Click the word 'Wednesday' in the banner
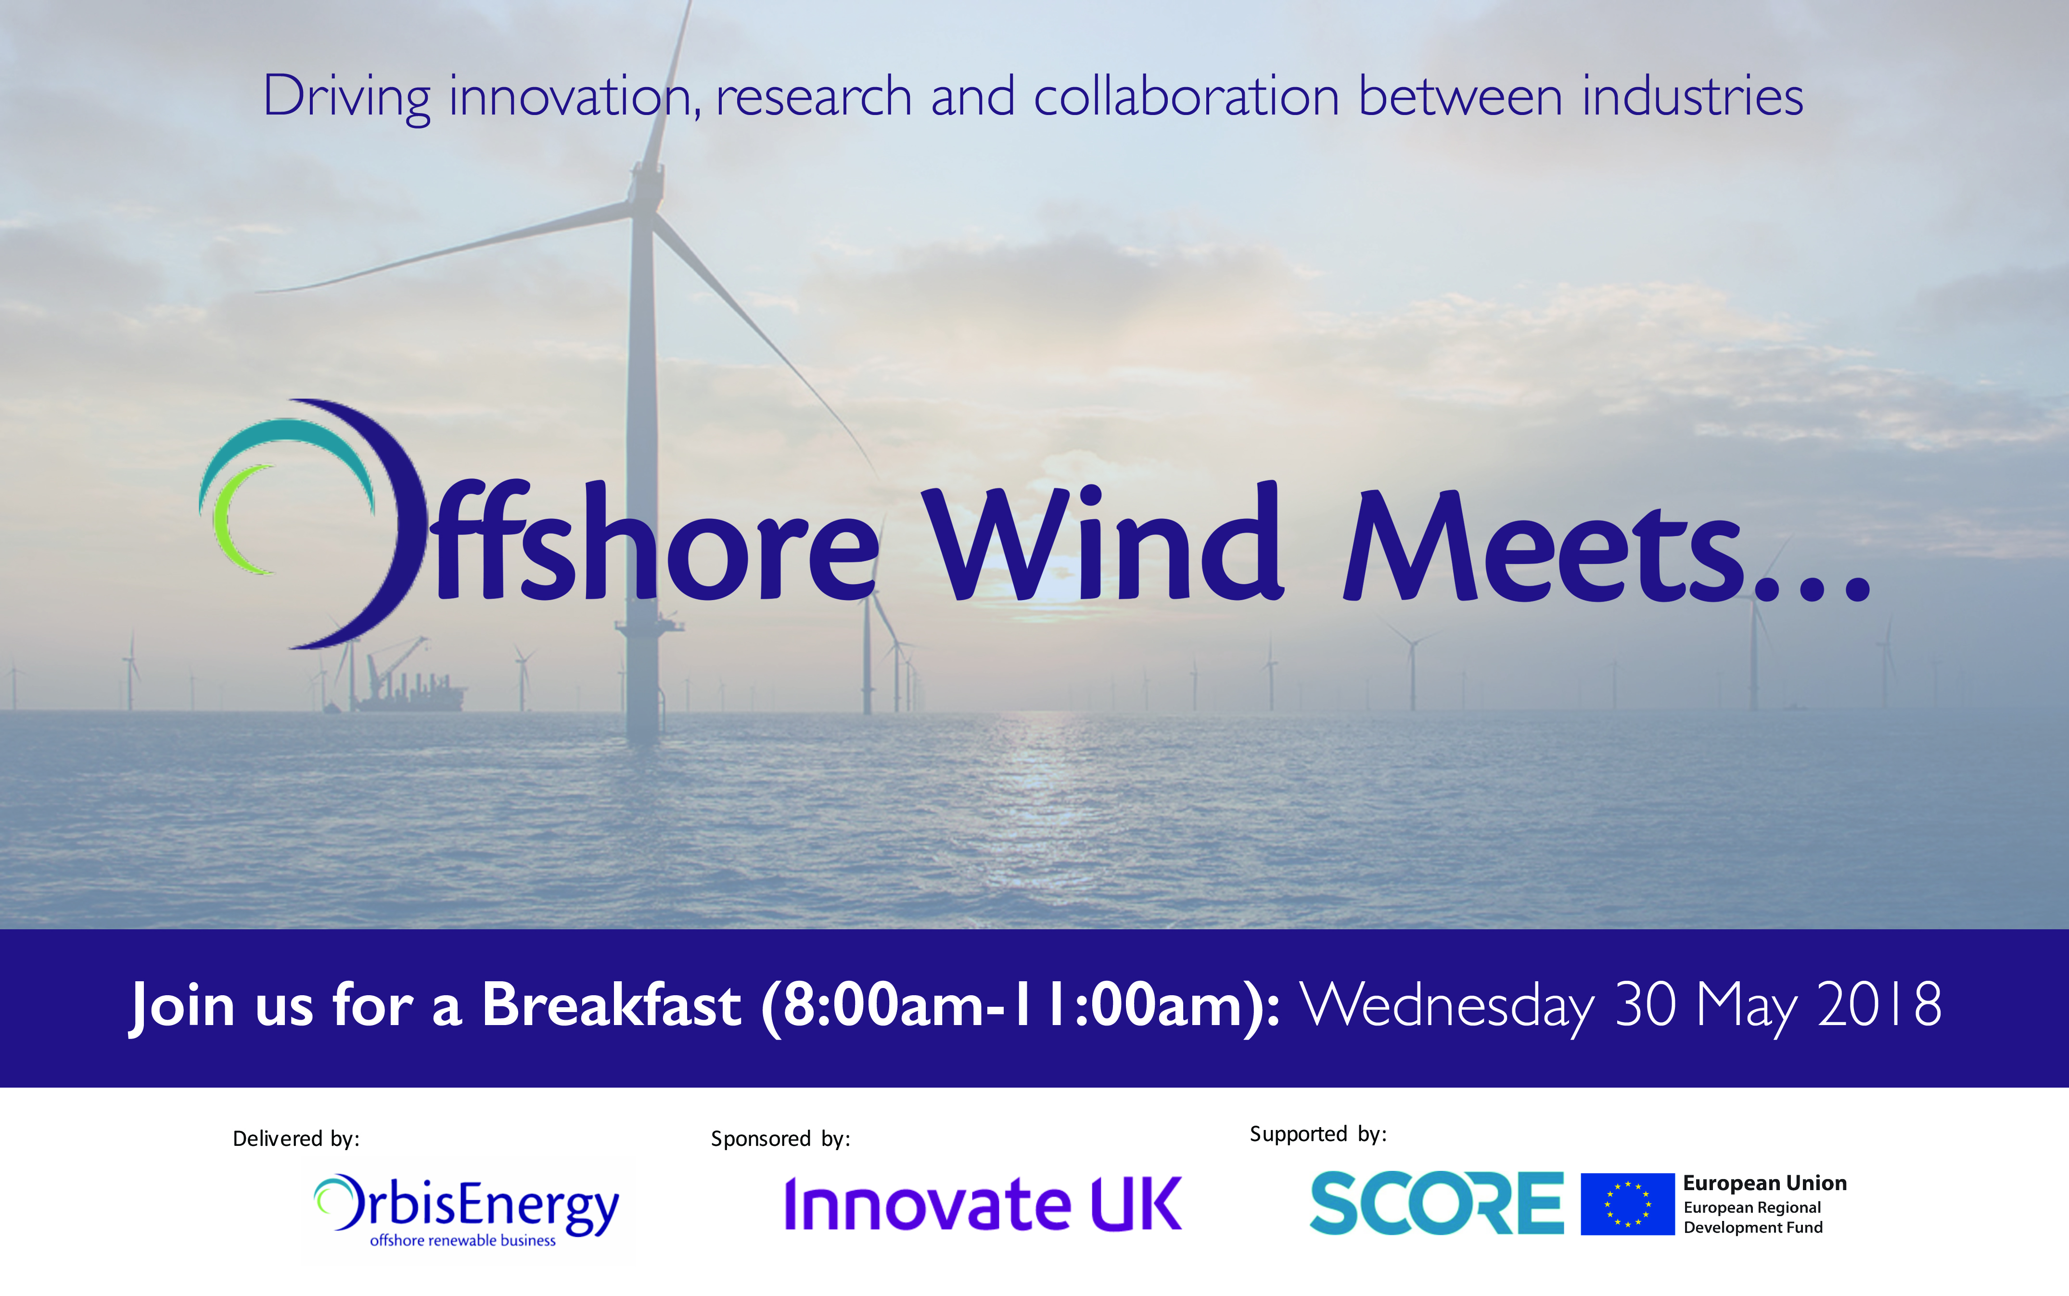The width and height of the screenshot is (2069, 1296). coord(1448,1005)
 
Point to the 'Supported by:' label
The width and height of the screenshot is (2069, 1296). coord(1317,1134)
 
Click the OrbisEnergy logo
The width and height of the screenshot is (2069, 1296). coord(466,1209)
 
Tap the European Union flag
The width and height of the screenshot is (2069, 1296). coord(1627,1204)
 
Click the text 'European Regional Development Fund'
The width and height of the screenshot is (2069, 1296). coord(1753,1217)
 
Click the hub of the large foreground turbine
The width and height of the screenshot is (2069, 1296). coord(646,184)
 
